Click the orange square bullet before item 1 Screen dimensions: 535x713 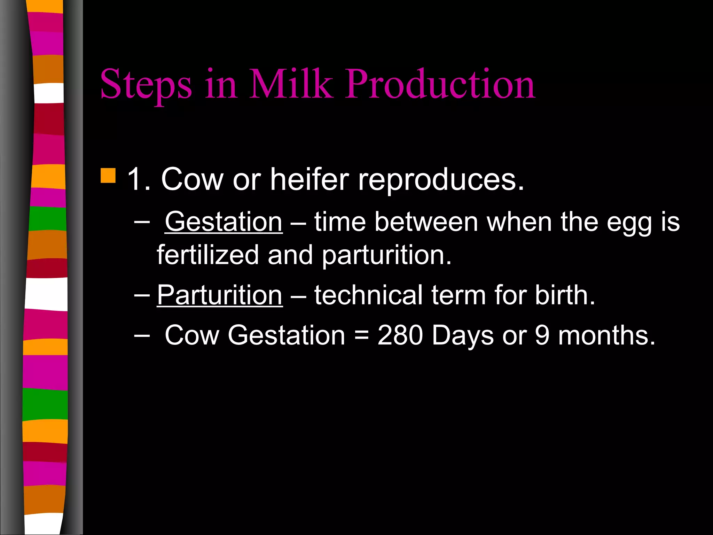pos(108,176)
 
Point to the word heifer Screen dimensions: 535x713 pos(310,179)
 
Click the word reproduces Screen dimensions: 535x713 pos(441,180)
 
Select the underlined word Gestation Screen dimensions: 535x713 pos(224,222)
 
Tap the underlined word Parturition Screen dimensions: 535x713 pos(220,295)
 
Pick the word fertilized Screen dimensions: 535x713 pos(208,255)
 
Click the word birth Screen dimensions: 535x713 pos(565,295)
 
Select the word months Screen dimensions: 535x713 pos(607,335)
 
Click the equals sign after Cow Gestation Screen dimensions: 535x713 pos(361,335)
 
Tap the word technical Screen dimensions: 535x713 pos(369,295)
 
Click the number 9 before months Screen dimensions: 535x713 pos(542,335)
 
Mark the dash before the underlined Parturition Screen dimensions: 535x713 pos(142,295)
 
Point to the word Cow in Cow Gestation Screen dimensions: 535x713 pos(192,335)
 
